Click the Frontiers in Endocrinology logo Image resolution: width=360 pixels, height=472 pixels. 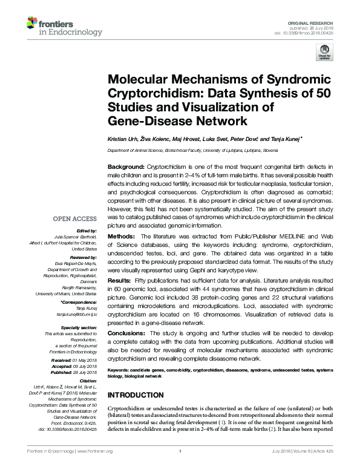[57, 25]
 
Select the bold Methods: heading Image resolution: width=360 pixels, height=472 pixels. [121, 235]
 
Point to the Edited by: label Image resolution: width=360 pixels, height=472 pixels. [88, 231]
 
